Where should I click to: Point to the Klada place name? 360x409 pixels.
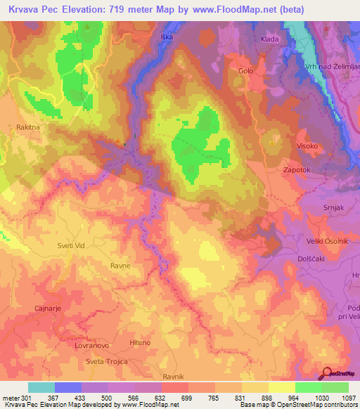tap(270, 39)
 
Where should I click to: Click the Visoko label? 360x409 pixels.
tap(307, 146)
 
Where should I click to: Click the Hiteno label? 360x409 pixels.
tap(140, 342)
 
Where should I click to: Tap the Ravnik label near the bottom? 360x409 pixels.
tap(173, 377)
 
